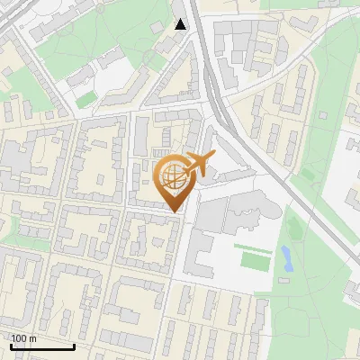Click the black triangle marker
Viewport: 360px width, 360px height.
point(181,23)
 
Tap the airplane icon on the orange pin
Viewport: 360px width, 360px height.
point(199,165)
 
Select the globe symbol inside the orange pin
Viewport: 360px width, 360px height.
point(173,177)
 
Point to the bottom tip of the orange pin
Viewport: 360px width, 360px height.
point(174,212)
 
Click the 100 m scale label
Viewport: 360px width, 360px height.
point(23,338)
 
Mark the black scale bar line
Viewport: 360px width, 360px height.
point(42,346)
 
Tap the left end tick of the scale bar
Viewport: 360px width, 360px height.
point(11,345)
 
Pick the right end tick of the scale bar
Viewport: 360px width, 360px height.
point(74,345)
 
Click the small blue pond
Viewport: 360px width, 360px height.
point(286,259)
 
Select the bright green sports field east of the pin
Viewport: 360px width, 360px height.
point(254,260)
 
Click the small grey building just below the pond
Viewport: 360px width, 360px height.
point(285,280)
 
